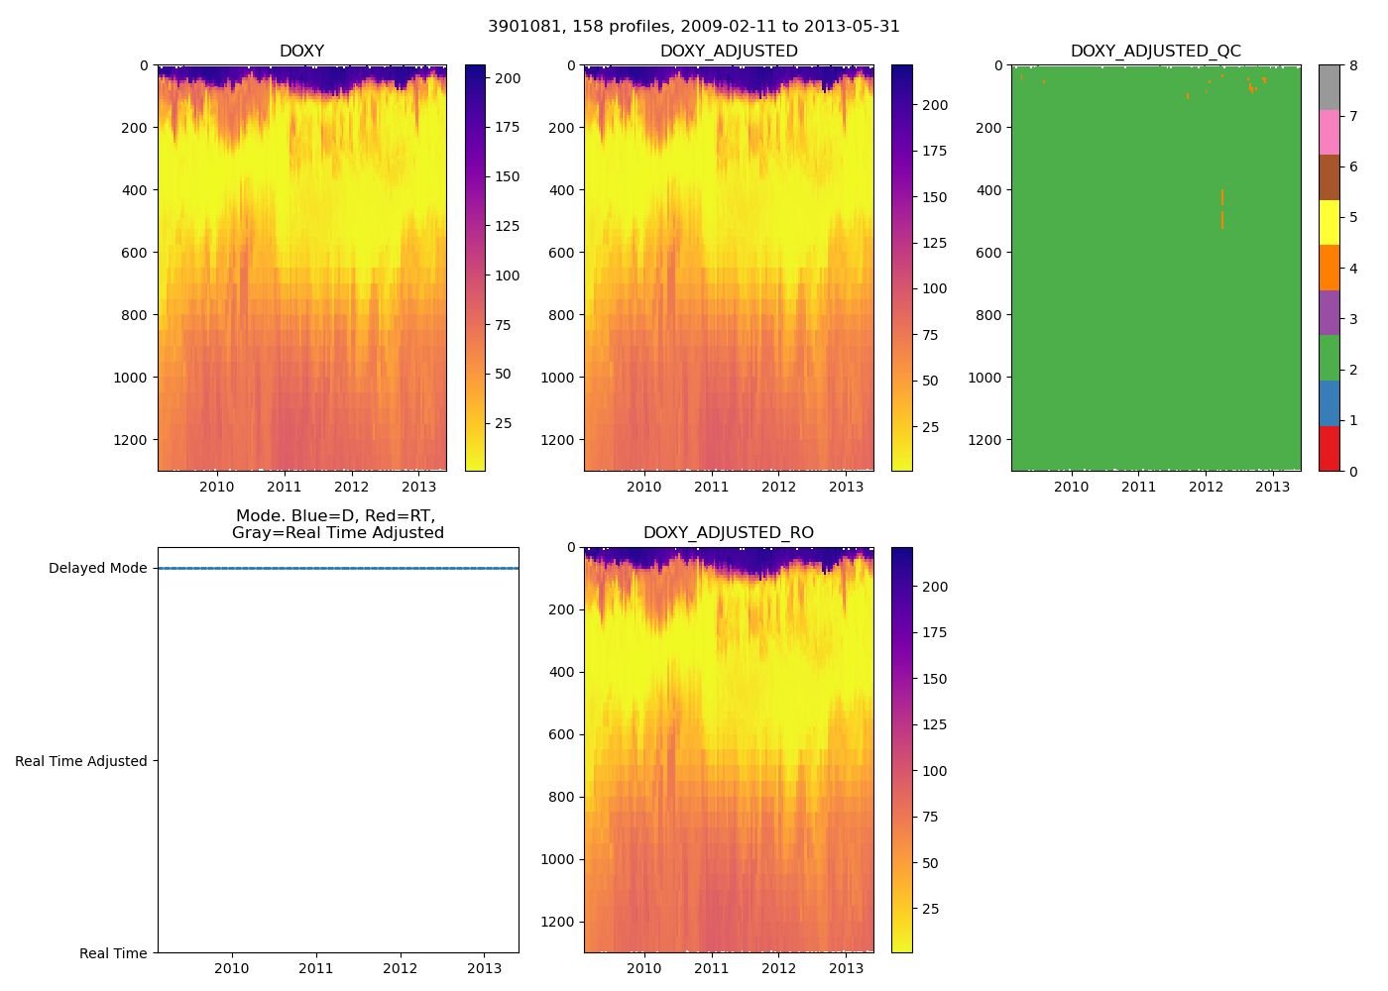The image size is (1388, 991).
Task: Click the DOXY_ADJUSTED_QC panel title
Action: (1155, 52)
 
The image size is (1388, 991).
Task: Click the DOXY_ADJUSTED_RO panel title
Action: (729, 533)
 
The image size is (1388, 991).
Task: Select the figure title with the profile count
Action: (694, 27)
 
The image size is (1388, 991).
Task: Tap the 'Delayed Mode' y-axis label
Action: (97, 569)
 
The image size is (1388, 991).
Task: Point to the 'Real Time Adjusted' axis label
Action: (81, 761)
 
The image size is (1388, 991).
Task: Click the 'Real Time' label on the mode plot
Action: (113, 953)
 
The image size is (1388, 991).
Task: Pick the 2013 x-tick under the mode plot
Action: (485, 968)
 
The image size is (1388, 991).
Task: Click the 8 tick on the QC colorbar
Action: (1353, 65)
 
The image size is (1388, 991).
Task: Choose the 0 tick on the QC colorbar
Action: (1353, 472)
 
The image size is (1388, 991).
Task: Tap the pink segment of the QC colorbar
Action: (1329, 133)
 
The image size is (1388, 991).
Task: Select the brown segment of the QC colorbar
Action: (1329, 177)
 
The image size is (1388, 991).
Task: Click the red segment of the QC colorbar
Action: (1329, 448)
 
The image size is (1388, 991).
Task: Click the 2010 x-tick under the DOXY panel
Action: (217, 487)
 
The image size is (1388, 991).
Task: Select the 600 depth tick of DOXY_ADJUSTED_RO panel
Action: (562, 734)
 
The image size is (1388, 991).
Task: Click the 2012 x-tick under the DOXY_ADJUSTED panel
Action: (778, 487)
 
